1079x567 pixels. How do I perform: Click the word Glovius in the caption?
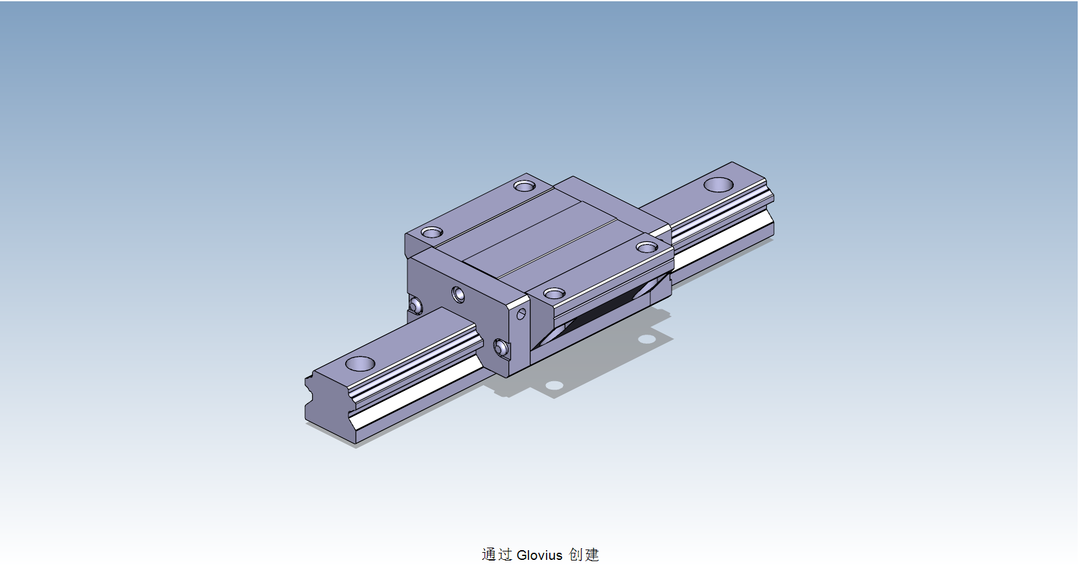pyautogui.click(x=539, y=555)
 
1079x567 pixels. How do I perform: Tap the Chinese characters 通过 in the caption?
pyautogui.click(x=497, y=555)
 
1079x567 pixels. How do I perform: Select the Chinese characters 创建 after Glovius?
pyautogui.click(x=584, y=555)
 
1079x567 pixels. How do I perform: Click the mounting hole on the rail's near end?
pyautogui.click(x=360, y=364)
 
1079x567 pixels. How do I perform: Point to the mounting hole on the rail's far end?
pyautogui.click(x=718, y=184)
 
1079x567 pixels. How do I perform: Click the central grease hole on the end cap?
pyautogui.click(x=459, y=295)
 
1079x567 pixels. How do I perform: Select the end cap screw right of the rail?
pyautogui.click(x=501, y=348)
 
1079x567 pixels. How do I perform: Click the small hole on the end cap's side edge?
pyautogui.click(x=521, y=315)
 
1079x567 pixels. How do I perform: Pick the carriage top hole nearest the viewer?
pyautogui.click(x=554, y=294)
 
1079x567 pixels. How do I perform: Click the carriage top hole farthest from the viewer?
pyautogui.click(x=524, y=186)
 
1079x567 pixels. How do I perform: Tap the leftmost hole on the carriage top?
pyautogui.click(x=431, y=232)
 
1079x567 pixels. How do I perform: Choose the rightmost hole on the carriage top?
pyautogui.click(x=646, y=247)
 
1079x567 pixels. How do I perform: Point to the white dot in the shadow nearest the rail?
pyautogui.click(x=554, y=385)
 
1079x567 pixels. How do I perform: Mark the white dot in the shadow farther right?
pyautogui.click(x=645, y=339)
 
